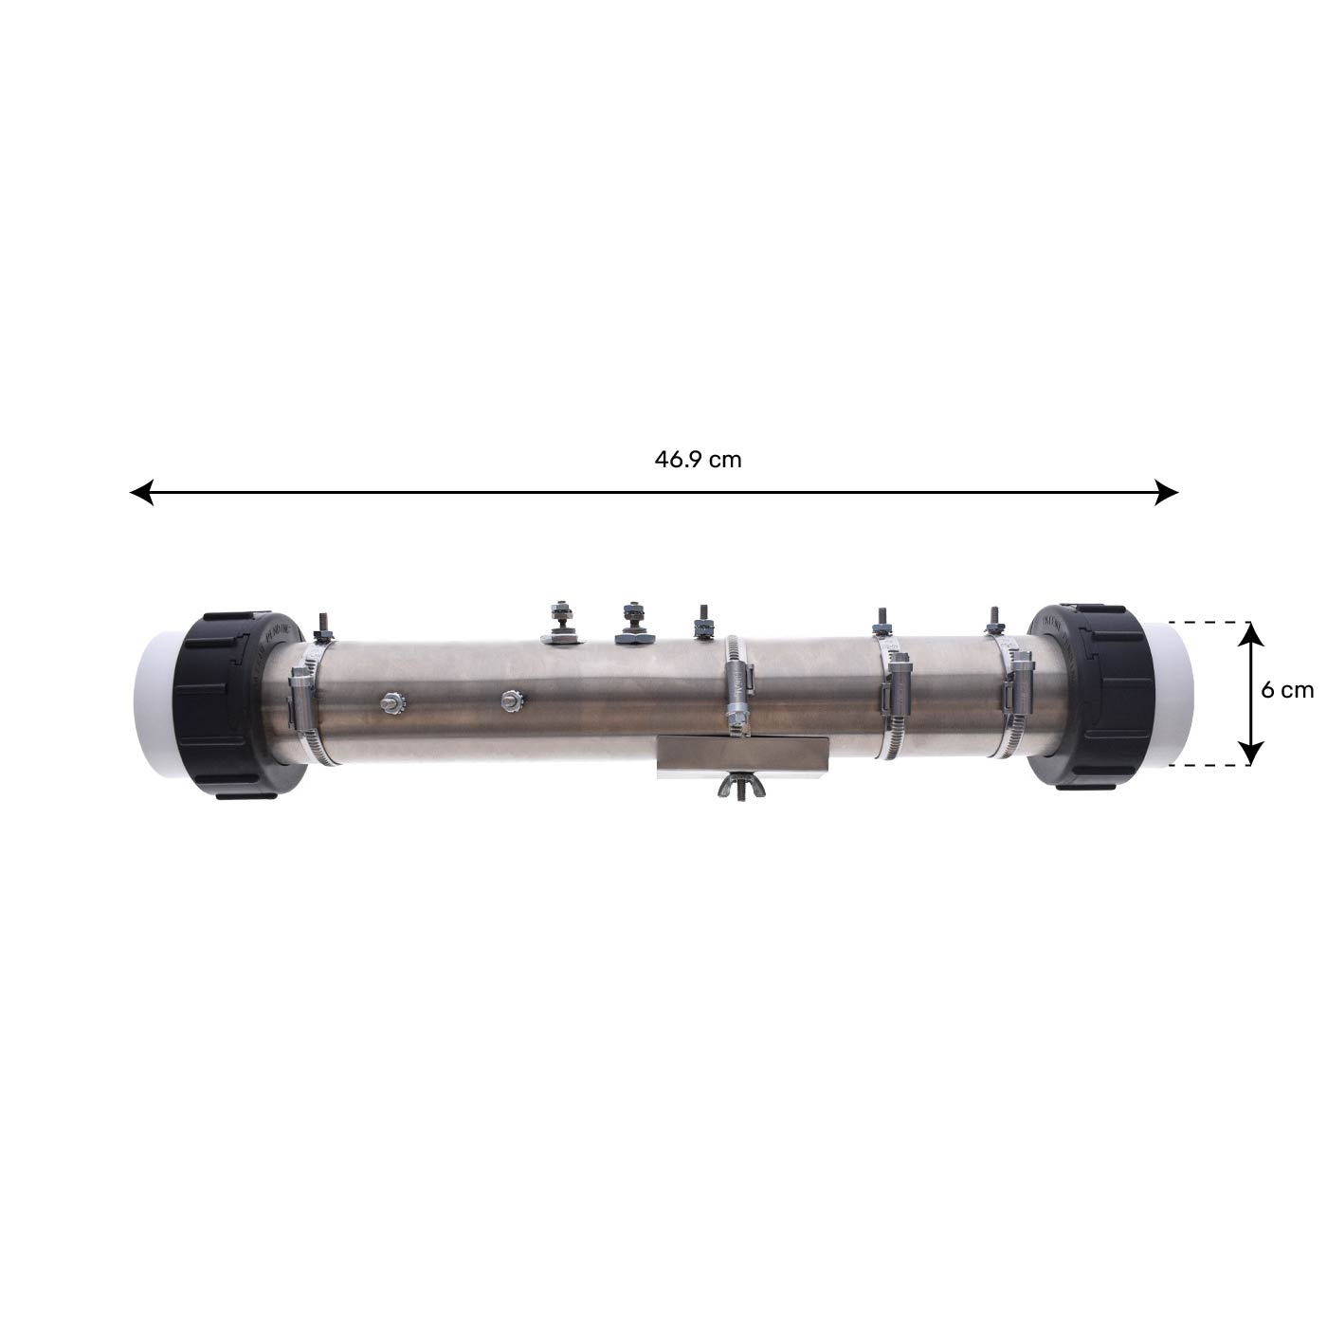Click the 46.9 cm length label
click(x=698, y=460)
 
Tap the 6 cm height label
click(x=1287, y=690)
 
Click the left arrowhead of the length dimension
click(x=141, y=492)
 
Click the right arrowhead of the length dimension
click(x=1166, y=492)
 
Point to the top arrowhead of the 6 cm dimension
click(x=1251, y=632)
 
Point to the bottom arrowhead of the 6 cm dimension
click(x=1251, y=753)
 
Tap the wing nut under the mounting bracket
click(x=741, y=786)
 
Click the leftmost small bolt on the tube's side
click(x=391, y=704)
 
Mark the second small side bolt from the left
click(x=513, y=700)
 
